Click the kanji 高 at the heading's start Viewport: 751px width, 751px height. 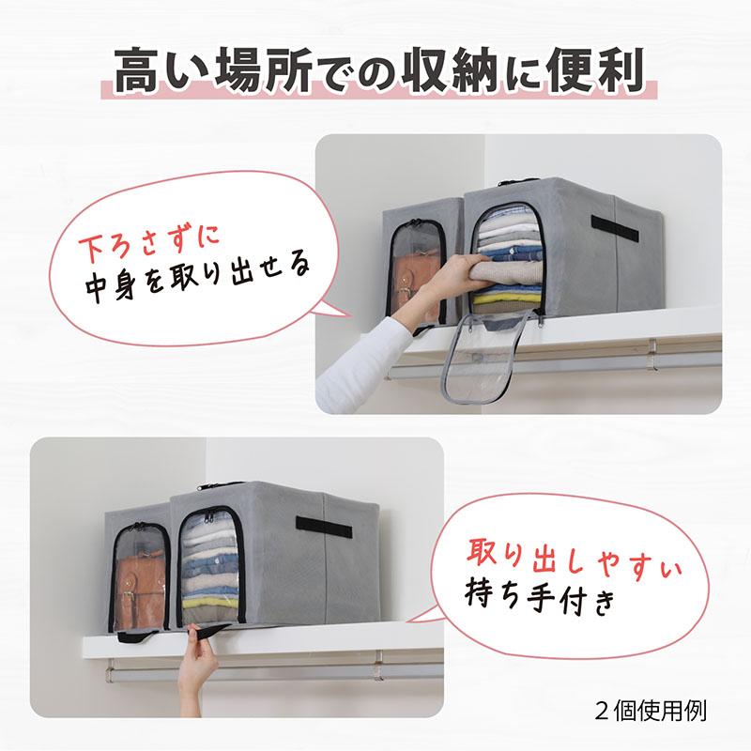[131, 69]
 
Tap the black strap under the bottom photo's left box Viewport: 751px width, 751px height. [141, 637]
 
